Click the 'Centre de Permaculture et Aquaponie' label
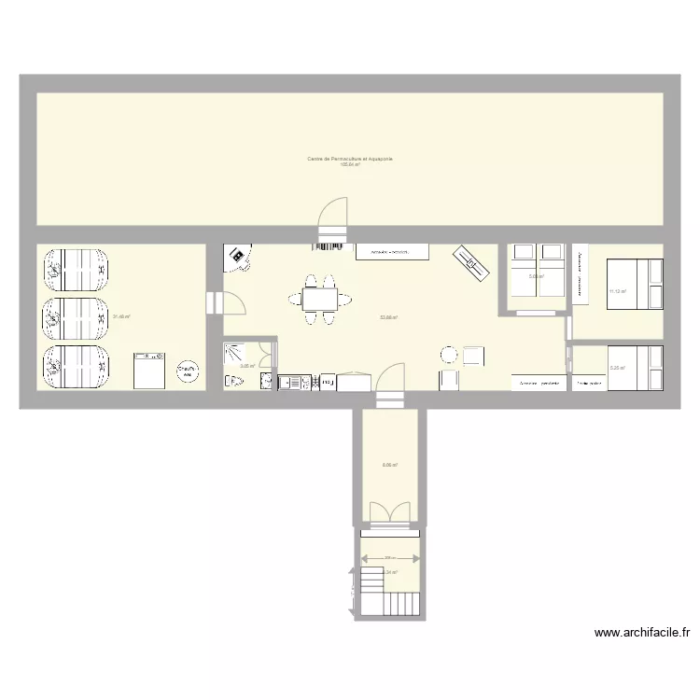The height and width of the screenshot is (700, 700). pyautogui.click(x=350, y=160)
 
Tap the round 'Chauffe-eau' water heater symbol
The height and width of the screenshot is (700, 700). pyautogui.click(x=187, y=371)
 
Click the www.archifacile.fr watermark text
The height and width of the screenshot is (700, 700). pyautogui.click(x=643, y=633)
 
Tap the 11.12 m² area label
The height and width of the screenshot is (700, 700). pyautogui.click(x=617, y=291)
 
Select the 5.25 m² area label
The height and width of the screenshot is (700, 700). pyautogui.click(x=617, y=368)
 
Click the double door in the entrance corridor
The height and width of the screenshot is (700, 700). pyautogui.click(x=389, y=514)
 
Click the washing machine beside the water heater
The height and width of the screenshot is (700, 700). pyautogui.click(x=148, y=370)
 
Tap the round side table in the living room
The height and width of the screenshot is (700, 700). pyautogui.click(x=449, y=355)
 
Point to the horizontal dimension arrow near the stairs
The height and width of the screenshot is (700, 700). pyautogui.click(x=389, y=559)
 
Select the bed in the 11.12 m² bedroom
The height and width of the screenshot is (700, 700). pyautogui.click(x=635, y=284)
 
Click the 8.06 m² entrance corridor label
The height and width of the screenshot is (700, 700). pyautogui.click(x=390, y=465)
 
